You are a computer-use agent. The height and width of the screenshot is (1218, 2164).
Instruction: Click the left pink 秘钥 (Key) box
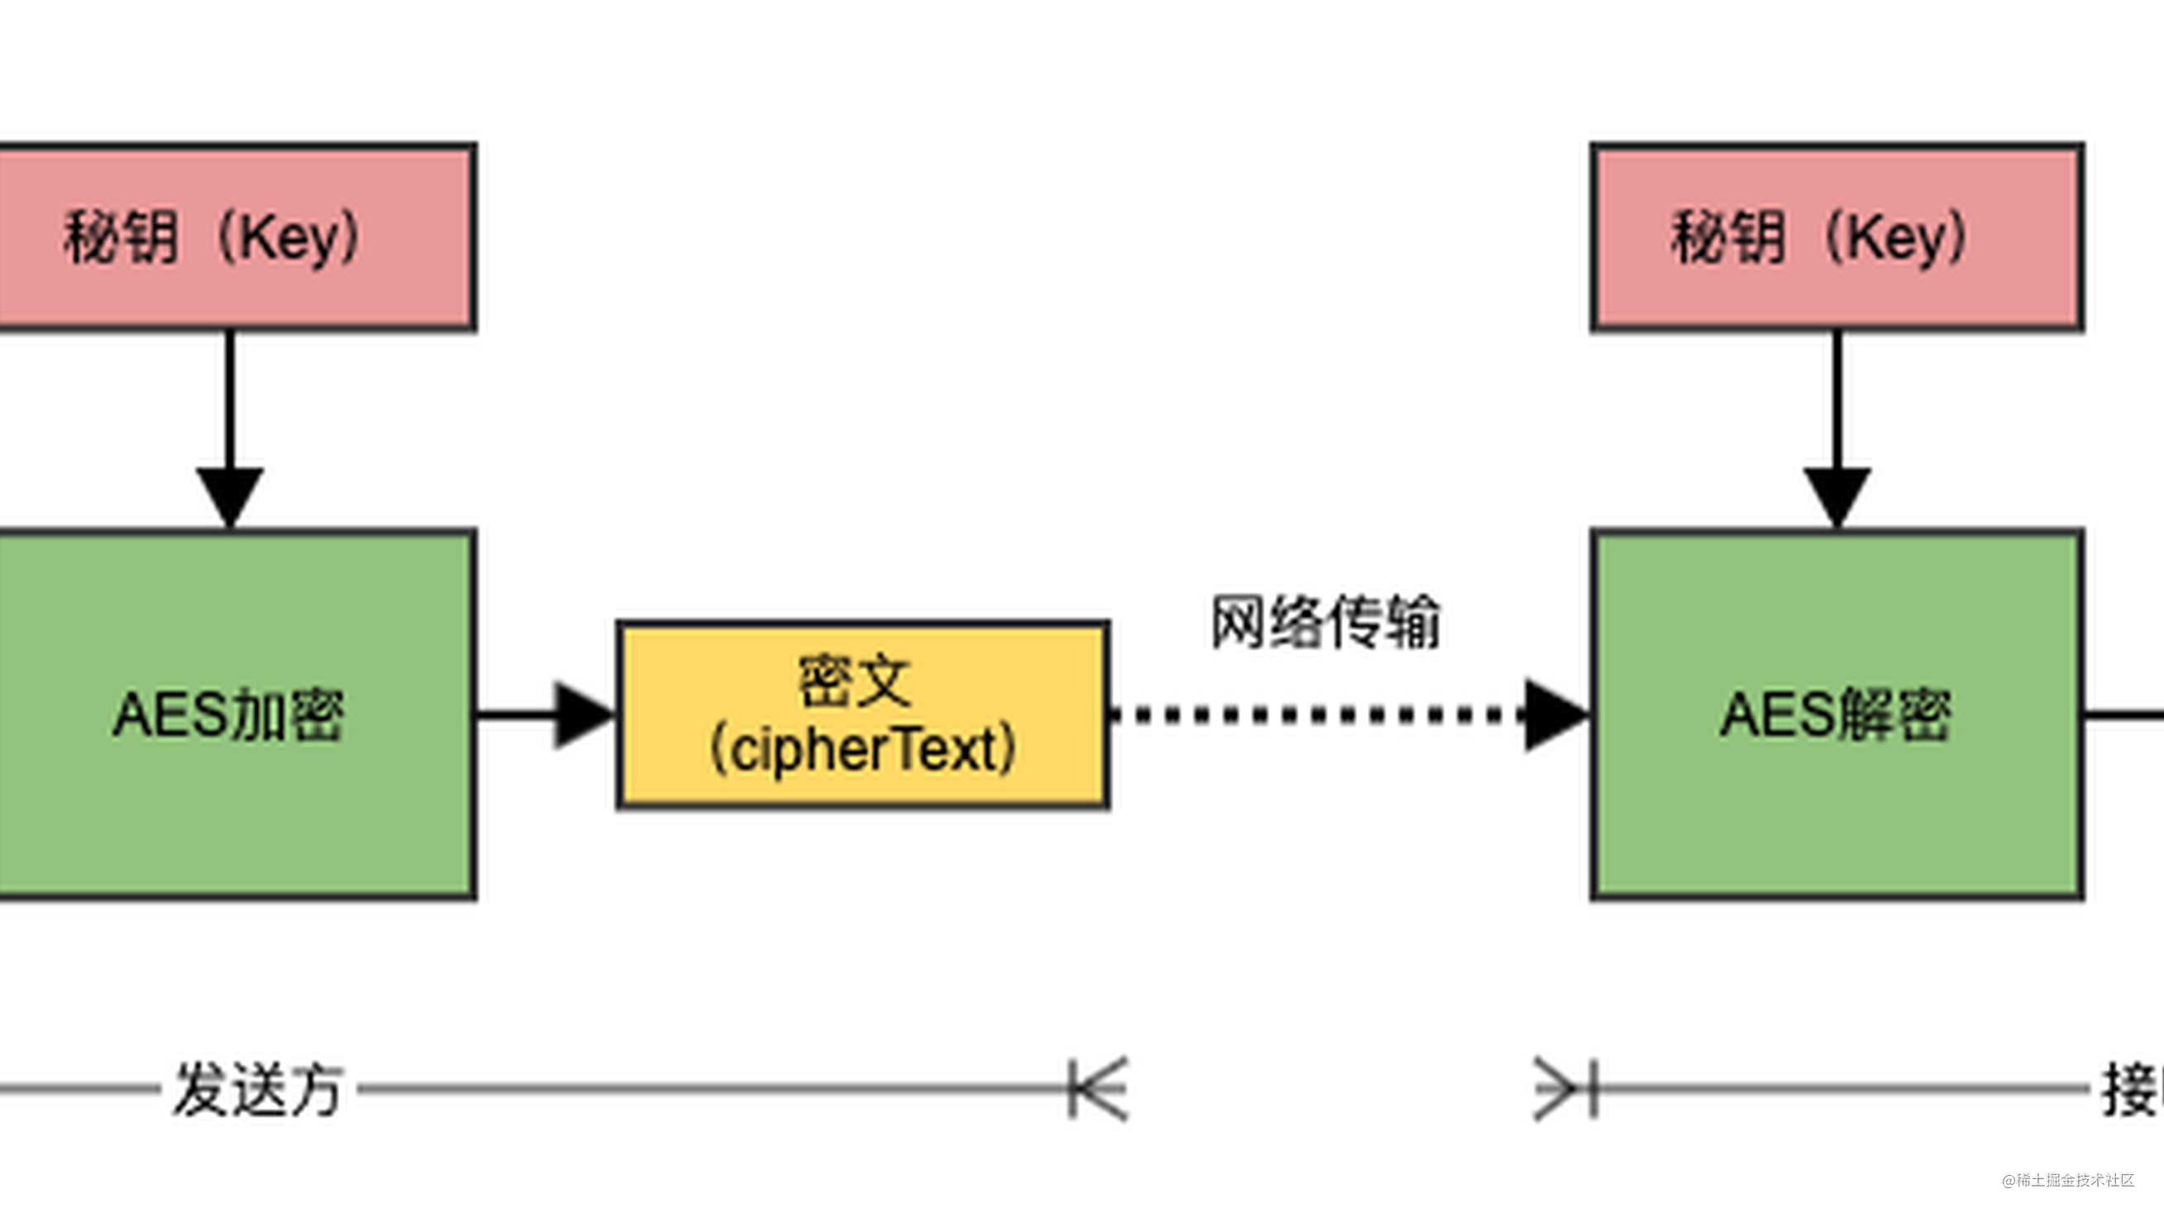click(235, 236)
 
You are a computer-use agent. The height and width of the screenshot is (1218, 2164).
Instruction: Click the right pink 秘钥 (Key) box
click(1837, 236)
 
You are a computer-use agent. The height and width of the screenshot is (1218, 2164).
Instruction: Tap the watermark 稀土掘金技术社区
click(2075, 1180)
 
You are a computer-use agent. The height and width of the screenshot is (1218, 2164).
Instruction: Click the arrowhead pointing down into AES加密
click(230, 495)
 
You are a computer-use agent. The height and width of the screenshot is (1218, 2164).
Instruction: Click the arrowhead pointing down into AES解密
click(1837, 495)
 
